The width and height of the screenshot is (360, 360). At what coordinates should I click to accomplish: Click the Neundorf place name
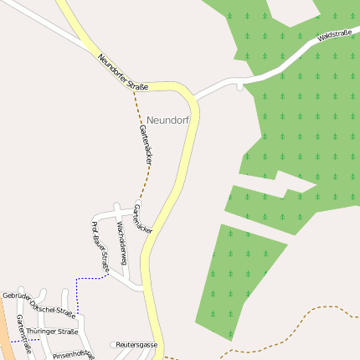167,121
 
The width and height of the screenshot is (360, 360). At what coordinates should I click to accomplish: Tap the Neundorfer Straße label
122,73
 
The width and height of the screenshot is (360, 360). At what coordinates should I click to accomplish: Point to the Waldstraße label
334,36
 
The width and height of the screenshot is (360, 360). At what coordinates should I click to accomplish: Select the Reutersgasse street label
136,344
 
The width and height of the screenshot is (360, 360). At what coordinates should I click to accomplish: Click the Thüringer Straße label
52,332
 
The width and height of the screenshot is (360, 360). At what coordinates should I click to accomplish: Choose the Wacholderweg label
121,243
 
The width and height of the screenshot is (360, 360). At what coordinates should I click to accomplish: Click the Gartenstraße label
23,335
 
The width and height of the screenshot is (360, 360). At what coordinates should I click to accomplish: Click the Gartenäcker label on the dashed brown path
144,143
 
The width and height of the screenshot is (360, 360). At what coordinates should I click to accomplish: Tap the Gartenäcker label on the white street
143,217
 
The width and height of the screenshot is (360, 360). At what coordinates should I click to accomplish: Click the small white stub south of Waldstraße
239,86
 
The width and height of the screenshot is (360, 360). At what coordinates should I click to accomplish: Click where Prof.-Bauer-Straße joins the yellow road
144,290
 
